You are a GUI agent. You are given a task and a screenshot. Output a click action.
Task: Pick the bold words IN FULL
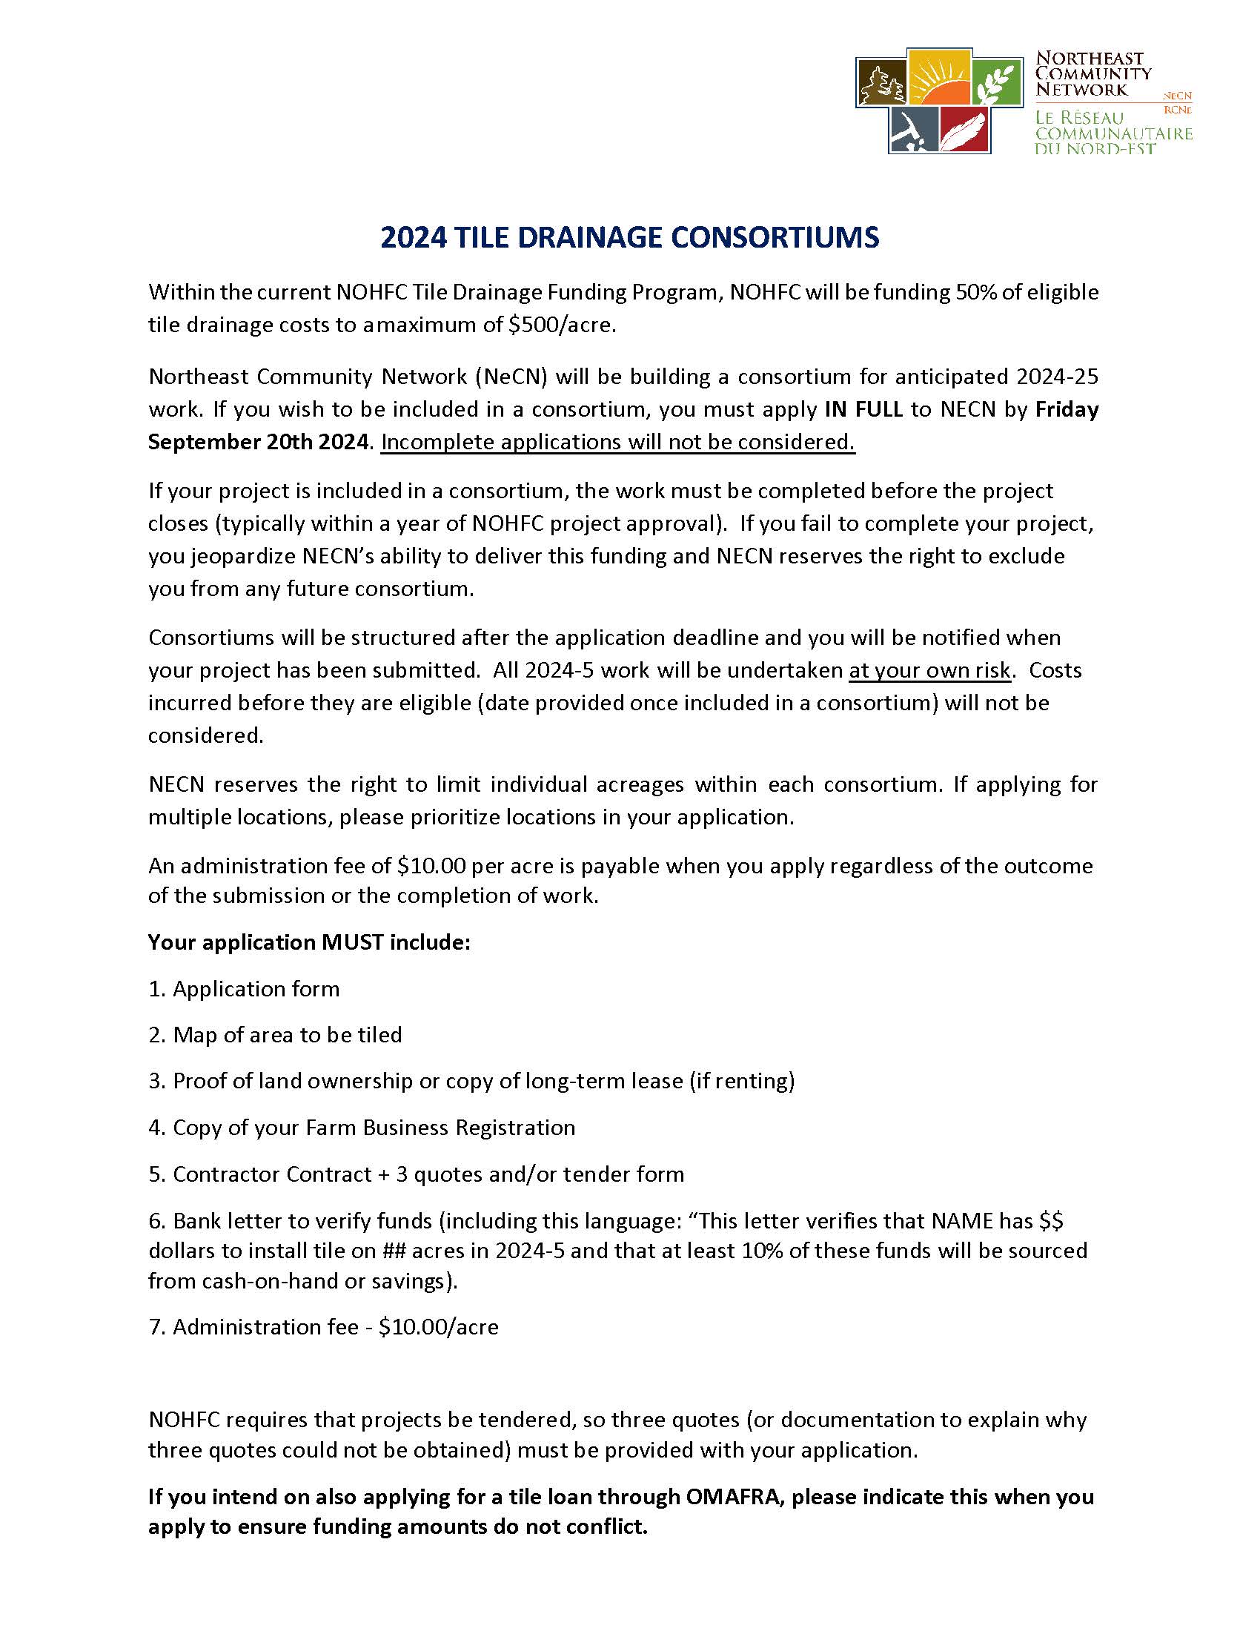[863, 409]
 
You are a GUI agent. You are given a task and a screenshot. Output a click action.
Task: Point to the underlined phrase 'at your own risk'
[929, 671]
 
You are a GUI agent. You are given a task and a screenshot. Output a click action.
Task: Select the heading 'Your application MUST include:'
[309, 942]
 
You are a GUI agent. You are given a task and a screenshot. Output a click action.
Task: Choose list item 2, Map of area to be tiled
[287, 1035]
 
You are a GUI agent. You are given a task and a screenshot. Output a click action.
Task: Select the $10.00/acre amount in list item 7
[438, 1327]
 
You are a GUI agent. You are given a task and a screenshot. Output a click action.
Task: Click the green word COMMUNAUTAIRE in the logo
[1113, 133]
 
